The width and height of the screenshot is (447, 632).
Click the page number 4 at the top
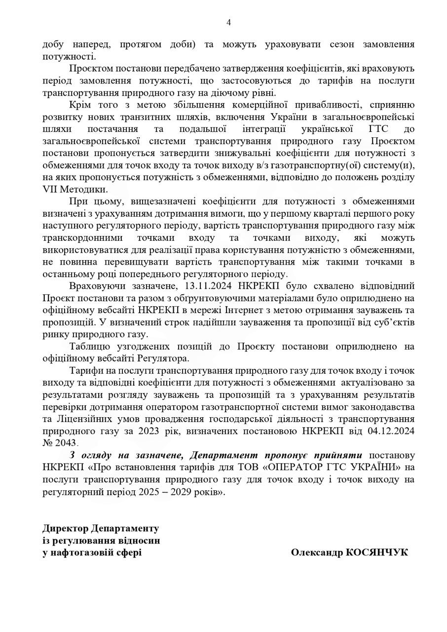[x=228, y=22]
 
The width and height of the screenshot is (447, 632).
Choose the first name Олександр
[x=316, y=552]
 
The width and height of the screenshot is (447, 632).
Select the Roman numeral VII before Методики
[x=51, y=189]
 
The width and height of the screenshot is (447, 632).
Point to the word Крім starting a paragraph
[x=80, y=105]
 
